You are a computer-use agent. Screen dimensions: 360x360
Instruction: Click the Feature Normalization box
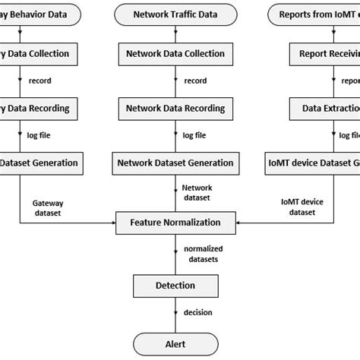coord(175,223)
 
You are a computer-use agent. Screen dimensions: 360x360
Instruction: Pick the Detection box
coord(175,285)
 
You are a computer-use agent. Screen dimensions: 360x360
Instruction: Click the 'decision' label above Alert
coord(198,312)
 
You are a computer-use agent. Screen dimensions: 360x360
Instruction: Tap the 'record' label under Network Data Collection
coord(195,81)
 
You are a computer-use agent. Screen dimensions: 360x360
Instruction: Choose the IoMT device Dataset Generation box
coord(312,162)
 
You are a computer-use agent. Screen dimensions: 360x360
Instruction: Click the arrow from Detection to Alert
coord(176,313)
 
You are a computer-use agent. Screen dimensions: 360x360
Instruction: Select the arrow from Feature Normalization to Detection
coord(176,254)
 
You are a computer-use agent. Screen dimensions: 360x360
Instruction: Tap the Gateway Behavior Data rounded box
coord(38,14)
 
